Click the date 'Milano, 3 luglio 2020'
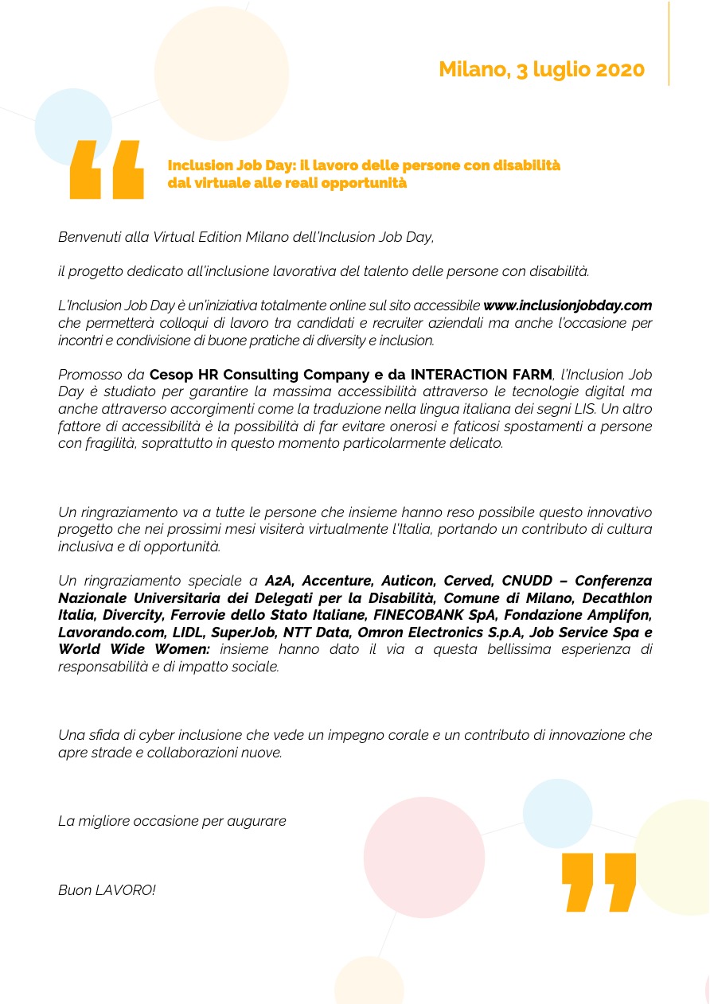[x=541, y=70]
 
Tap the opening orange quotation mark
[x=107, y=169]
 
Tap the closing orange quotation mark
[x=599, y=881]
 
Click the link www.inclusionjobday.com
[x=568, y=305]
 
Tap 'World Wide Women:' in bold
[x=134, y=650]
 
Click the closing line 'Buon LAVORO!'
[x=107, y=890]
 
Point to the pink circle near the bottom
[x=423, y=857]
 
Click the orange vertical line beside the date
[x=669, y=44]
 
